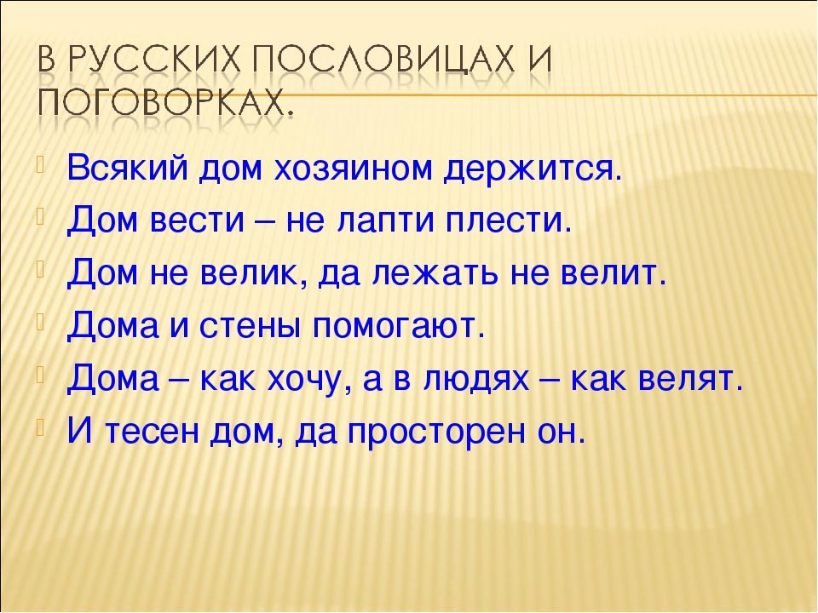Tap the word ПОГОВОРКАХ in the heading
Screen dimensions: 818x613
(162, 103)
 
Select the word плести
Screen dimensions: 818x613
(509, 221)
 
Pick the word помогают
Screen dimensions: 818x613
(399, 327)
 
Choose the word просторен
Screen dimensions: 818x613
(435, 433)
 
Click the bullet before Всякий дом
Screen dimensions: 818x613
(41, 159)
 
